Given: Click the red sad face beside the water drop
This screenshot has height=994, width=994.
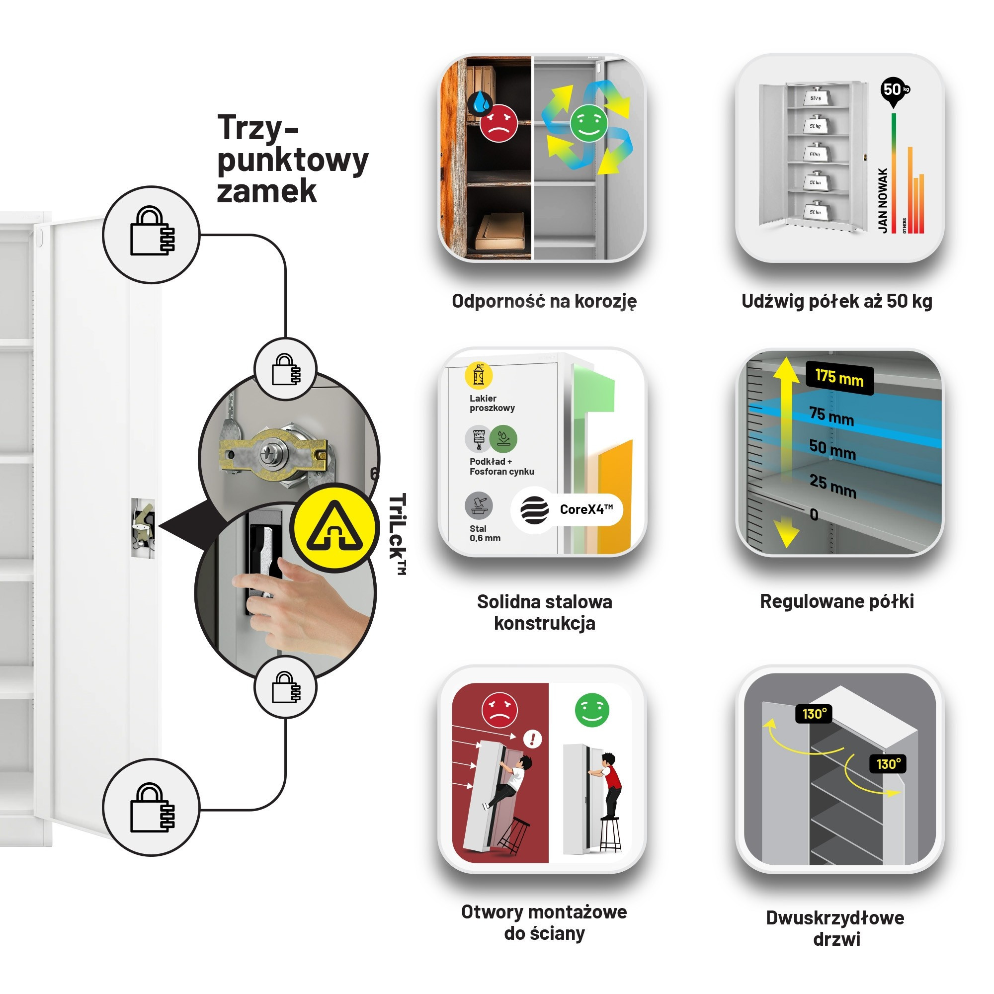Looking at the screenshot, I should click(498, 123).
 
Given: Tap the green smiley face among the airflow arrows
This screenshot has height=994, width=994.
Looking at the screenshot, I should click(588, 123).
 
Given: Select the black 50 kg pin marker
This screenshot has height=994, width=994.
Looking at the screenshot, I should click(894, 90).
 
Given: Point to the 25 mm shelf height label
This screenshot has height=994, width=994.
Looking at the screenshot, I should click(832, 486).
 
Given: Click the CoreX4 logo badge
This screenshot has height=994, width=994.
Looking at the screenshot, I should click(567, 510).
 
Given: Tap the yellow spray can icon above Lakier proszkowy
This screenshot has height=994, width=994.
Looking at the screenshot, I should click(478, 376).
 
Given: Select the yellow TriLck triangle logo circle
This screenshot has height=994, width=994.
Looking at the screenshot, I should click(334, 528).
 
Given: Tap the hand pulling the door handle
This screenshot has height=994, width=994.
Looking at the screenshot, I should click(304, 607).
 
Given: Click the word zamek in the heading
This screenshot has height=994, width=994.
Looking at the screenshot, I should click(266, 191).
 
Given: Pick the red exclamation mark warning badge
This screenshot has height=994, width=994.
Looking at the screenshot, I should click(532, 740).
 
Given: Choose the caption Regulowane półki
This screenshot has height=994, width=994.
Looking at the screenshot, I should click(836, 601).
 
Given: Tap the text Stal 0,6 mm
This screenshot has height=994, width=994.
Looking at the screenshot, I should click(485, 533).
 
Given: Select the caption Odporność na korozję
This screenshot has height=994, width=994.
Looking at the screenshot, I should click(544, 301).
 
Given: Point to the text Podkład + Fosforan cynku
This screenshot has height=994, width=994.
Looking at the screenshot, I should click(501, 467).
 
